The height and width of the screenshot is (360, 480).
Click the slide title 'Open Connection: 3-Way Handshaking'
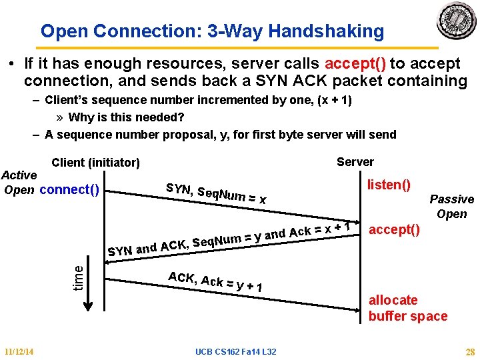pyautogui.click(x=212, y=31)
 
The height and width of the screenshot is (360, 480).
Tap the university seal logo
pyautogui.click(x=457, y=21)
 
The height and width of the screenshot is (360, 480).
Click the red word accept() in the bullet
pyautogui.click(x=355, y=64)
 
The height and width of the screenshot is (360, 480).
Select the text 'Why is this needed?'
pyautogui.click(x=126, y=117)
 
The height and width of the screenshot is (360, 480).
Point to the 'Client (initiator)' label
pyautogui.click(x=95, y=163)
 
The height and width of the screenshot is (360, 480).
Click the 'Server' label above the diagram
pyautogui.click(x=355, y=162)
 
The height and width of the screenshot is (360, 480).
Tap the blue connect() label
pyautogui.click(x=69, y=189)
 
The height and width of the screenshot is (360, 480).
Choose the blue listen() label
pyautogui.click(x=389, y=183)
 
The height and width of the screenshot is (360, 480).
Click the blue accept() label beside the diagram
pyautogui.click(x=394, y=230)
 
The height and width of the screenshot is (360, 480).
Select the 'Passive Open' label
pyautogui.click(x=451, y=207)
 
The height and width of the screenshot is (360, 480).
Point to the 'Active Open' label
pyautogui.click(x=19, y=182)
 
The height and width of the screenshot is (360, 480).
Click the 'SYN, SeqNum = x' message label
pyautogui.click(x=216, y=193)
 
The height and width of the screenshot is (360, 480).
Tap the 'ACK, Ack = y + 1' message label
pyautogui.click(x=214, y=282)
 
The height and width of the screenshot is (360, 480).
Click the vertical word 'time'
pyautogui.click(x=78, y=277)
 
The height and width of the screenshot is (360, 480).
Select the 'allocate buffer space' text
pyautogui.click(x=407, y=308)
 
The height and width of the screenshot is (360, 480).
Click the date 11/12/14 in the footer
pyautogui.click(x=19, y=351)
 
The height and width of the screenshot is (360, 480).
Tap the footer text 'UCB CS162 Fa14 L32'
pyautogui.click(x=236, y=351)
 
